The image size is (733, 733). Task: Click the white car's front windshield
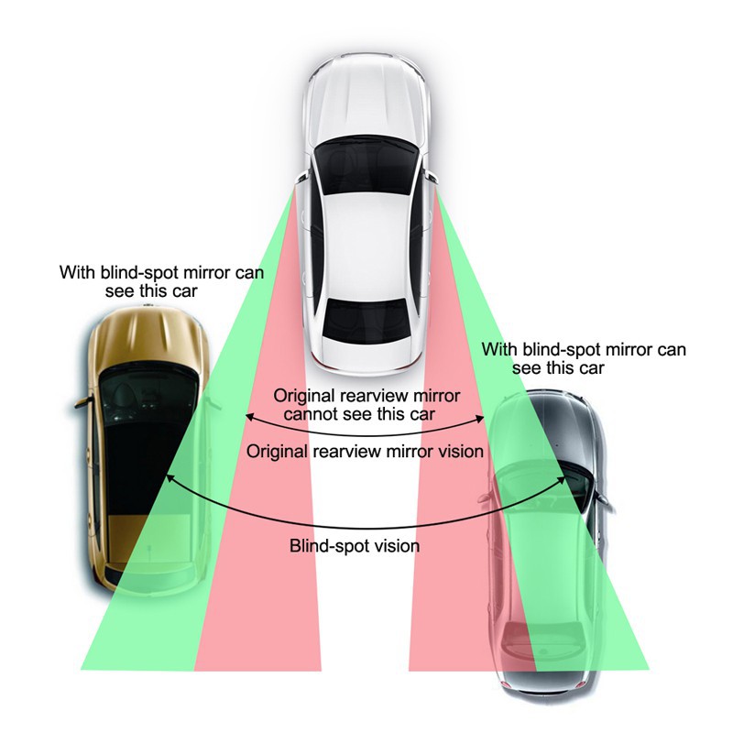point(366,165)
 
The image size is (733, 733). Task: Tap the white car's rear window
point(365,321)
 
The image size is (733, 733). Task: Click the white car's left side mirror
point(302,178)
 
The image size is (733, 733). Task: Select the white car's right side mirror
point(430,177)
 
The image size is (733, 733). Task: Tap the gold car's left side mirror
point(83,402)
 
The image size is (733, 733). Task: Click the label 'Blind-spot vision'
point(355,546)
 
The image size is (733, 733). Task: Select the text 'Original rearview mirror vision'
point(365,452)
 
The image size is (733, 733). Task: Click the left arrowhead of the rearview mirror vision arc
point(249,417)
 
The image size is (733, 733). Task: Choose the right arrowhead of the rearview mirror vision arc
point(480,418)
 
